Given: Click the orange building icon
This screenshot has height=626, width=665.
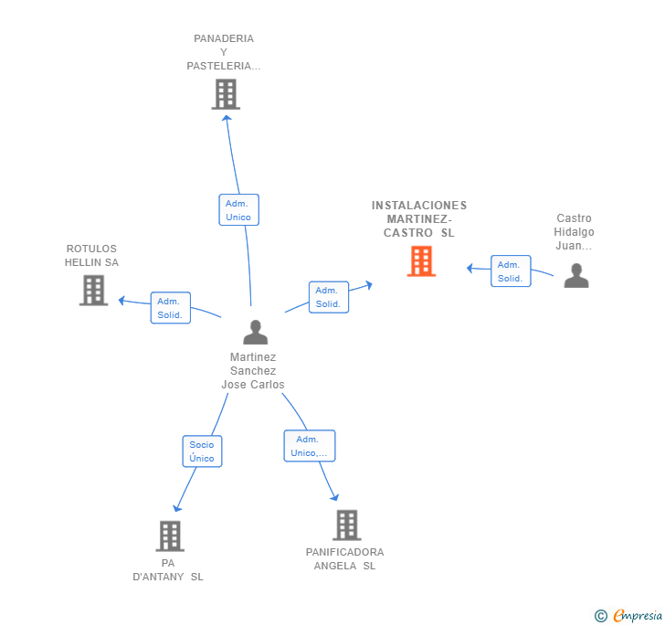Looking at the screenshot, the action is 421,261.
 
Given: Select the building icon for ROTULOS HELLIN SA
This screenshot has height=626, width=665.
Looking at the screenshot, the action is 94,291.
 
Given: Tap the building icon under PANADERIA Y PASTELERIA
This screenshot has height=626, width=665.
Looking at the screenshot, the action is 226,94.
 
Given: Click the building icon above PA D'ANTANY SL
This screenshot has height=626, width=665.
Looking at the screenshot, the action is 170,536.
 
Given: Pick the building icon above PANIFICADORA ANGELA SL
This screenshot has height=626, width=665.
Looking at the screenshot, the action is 347,525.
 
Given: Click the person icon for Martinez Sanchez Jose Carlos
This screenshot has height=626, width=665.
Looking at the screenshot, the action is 256,332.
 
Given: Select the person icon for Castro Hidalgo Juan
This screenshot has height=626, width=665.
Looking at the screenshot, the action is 576,275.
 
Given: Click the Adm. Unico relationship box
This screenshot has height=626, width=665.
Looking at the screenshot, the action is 238,209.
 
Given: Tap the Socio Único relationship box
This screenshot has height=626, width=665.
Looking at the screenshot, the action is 202,451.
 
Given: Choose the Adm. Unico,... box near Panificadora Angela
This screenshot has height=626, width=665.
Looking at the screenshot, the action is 310,446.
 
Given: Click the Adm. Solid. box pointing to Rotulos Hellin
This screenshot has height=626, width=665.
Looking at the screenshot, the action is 171,308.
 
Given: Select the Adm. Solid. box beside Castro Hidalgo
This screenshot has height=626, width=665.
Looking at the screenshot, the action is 511,271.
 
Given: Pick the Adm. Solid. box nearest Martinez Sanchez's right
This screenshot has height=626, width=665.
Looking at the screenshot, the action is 329,297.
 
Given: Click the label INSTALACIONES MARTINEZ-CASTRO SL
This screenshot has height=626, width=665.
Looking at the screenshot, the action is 419,219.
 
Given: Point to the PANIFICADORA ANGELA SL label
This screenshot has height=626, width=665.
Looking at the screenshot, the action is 344,559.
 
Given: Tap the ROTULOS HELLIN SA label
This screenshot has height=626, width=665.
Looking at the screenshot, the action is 91,256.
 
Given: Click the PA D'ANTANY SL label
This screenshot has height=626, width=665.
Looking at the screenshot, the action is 168,570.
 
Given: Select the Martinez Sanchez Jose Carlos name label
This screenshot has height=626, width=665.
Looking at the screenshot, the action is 253,370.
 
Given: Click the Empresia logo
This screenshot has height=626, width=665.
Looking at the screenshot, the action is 628,615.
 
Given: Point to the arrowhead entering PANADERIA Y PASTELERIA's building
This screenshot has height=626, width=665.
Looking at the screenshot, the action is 227,119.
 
